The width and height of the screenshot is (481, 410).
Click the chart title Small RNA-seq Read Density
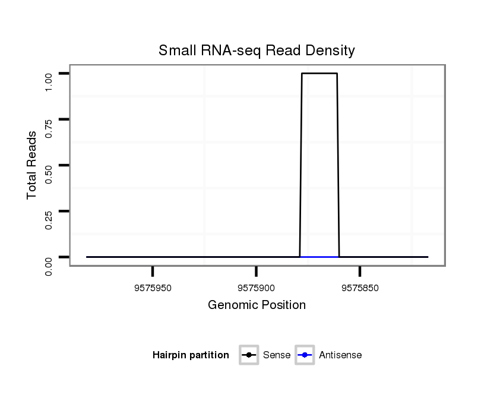coord(257,51)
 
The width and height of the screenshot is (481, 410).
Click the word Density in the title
coord(330,51)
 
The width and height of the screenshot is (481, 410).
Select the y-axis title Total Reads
coord(32,165)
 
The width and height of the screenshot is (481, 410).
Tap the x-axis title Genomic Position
coord(257,305)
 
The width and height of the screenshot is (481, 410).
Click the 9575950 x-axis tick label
coord(153,288)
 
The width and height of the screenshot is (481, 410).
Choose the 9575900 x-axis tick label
coord(256,288)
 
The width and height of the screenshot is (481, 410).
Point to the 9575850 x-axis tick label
coord(360,288)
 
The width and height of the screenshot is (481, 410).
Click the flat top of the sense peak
coord(319,73)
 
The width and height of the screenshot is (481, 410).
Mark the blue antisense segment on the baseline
coord(319,257)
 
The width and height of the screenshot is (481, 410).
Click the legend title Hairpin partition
coord(191,355)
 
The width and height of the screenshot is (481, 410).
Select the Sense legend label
coord(277,355)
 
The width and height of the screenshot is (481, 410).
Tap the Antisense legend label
coord(340,355)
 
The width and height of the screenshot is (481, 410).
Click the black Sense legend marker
coord(249,355)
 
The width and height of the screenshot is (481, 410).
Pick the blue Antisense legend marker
coord(304,355)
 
